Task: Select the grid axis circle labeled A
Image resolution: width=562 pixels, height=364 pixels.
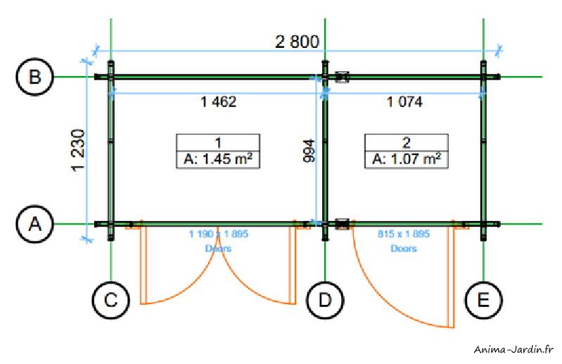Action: (34, 224)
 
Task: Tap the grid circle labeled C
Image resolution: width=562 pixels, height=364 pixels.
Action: (111, 301)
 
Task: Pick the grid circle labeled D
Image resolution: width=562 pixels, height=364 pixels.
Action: (325, 301)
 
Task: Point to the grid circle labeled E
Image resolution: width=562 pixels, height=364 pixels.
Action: (483, 301)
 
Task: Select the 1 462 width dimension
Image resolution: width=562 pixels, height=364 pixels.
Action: (218, 102)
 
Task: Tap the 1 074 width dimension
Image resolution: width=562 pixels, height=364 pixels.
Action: (404, 102)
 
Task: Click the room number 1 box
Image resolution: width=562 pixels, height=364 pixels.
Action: (218, 141)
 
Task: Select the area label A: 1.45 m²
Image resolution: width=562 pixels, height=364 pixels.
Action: (218, 159)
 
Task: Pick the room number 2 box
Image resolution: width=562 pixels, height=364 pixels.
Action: (406, 141)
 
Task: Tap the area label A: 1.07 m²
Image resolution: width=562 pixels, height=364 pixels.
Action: (406, 159)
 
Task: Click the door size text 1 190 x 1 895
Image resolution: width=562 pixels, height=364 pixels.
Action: (218, 234)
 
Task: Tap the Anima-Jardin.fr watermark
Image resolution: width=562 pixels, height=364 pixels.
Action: (515, 349)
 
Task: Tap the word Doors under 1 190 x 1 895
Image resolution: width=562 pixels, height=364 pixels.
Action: (218, 249)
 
